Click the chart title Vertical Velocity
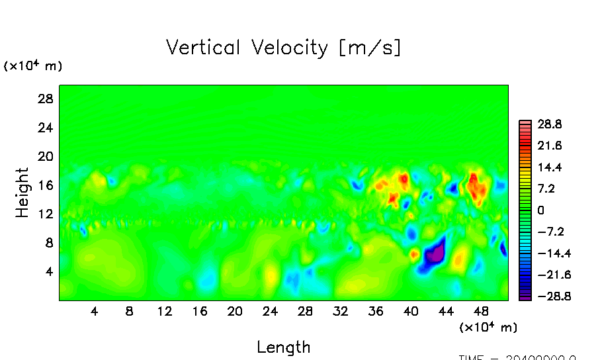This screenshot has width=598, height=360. coord(283,48)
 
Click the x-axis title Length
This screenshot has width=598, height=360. coord(283,347)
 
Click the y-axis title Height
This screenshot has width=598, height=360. coord(23,193)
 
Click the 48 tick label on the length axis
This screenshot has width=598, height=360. coord(482,311)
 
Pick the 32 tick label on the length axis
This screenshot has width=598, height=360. coord(340,311)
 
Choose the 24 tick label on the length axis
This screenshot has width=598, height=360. coord(269,311)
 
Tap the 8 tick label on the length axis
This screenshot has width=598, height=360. coord(129,311)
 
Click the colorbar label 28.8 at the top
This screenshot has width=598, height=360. coord(549,124)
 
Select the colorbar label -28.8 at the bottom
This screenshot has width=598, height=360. coord(546,296)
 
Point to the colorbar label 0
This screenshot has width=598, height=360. coord(541,210)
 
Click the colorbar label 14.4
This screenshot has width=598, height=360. coord(549,167)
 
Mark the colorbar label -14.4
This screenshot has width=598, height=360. coord(546,253)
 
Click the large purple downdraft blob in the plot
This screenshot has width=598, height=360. coord(433,254)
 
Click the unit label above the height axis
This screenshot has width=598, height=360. coord(33,66)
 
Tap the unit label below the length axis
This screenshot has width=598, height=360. coord(488,327)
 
